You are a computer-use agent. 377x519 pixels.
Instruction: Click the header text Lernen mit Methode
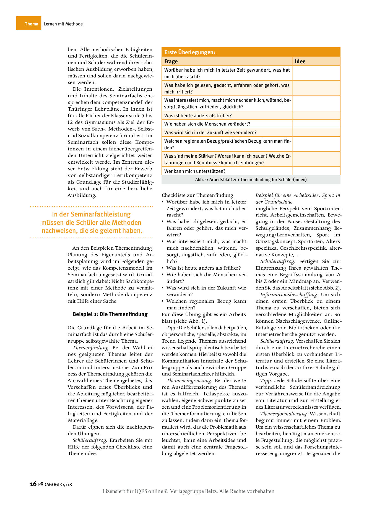coord(63,24)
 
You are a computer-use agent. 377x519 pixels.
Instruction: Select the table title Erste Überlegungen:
coord(190,52)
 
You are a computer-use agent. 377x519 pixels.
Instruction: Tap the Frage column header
coord(171,61)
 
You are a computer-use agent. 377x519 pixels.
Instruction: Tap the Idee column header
coord(300,61)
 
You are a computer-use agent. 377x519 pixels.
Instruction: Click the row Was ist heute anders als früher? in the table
coord(198,116)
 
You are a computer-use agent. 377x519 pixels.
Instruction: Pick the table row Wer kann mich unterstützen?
coord(195,171)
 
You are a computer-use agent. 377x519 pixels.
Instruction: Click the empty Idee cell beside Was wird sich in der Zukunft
coord(316,132)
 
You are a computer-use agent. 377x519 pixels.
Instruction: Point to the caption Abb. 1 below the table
coord(251,180)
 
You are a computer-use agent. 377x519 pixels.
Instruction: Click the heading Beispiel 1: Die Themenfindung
coord(110,314)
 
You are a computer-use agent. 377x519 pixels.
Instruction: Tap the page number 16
coord(33,484)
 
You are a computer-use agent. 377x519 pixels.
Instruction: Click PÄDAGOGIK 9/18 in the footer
coord(55,484)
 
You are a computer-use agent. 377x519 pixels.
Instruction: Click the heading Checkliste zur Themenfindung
coord(197,195)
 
